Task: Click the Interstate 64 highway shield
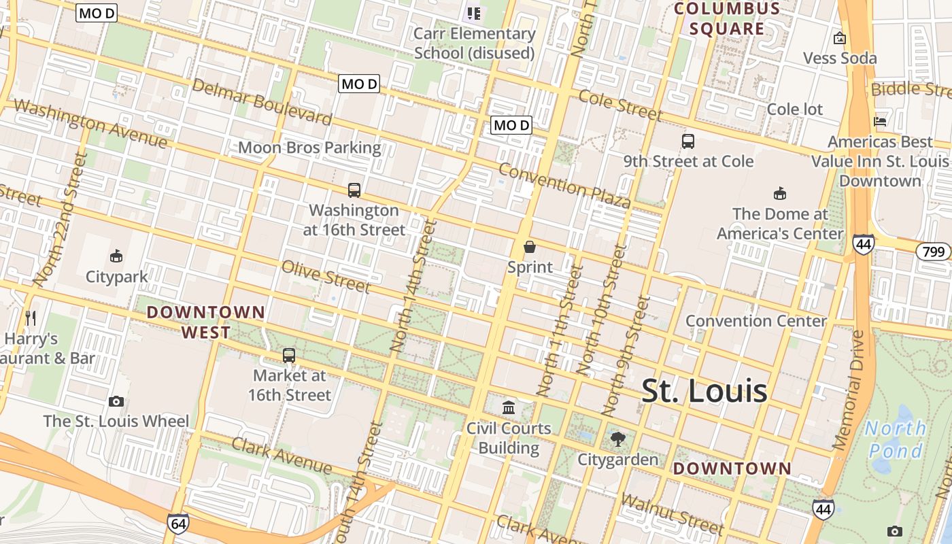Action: [x=177, y=523]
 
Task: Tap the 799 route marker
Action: [x=934, y=252]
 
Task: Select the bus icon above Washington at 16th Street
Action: [x=354, y=190]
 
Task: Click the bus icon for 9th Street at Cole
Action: [x=688, y=141]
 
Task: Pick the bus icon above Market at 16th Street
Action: [x=289, y=355]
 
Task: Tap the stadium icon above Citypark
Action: [x=116, y=256]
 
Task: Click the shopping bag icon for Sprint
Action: [x=530, y=247]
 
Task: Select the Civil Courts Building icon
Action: [x=508, y=408]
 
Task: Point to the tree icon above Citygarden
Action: [x=617, y=439]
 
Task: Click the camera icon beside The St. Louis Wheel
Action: [x=116, y=401]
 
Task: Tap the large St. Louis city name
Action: [x=704, y=391]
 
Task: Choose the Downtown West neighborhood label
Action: [x=206, y=322]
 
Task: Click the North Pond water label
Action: [x=896, y=439]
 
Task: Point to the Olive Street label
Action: [x=326, y=276]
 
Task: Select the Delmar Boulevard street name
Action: [x=262, y=102]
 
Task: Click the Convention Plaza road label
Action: [x=564, y=185]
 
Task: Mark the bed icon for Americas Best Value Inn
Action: [x=880, y=122]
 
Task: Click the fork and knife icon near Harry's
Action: [x=30, y=318]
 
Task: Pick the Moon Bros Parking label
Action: [x=309, y=148]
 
